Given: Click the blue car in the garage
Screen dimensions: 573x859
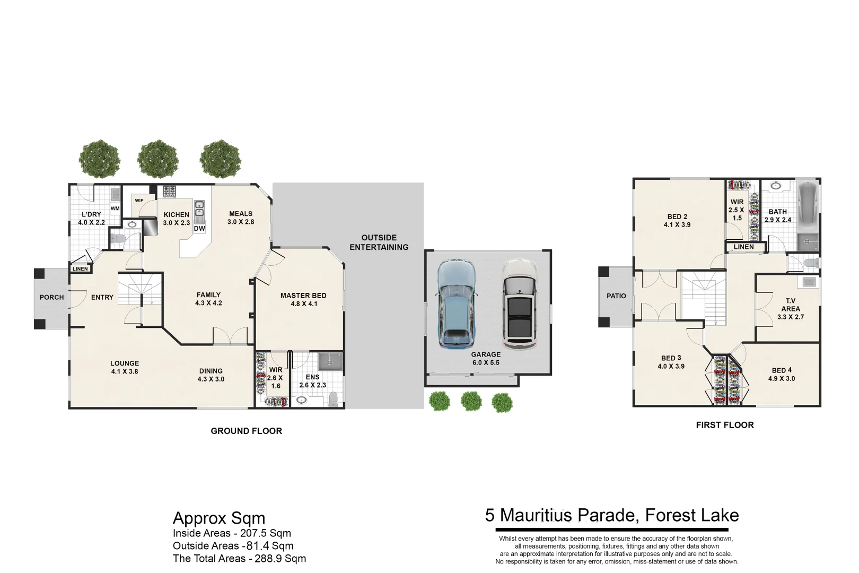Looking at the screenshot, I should [456, 303].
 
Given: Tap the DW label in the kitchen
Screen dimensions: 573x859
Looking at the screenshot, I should [199, 229].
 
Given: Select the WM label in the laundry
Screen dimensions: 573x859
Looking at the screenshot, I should [115, 209].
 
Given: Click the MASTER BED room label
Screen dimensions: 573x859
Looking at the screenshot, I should [303, 296].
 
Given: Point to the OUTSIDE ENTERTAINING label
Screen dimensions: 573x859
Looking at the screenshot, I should [379, 242].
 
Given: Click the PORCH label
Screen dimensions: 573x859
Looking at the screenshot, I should [51, 297].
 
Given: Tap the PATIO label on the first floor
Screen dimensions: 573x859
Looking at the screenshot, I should [616, 296].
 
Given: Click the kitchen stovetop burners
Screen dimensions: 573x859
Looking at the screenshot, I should [170, 190].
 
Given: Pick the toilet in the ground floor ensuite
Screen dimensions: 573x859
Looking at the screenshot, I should [333, 398].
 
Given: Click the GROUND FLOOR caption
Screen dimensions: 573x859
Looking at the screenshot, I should [246, 431].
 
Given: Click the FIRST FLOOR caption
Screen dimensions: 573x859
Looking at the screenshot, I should [724, 425].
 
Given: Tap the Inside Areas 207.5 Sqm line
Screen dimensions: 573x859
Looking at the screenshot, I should [232, 533].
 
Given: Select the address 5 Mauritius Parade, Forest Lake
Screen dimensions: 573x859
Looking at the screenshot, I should [611, 515].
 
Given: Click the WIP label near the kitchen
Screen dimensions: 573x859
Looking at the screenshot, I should [139, 201].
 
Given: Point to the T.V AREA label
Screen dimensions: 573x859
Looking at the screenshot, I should [790, 305].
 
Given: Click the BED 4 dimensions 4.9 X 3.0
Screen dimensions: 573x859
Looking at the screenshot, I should [782, 379].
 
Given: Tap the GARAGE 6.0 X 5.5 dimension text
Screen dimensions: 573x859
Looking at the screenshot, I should [486, 362].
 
